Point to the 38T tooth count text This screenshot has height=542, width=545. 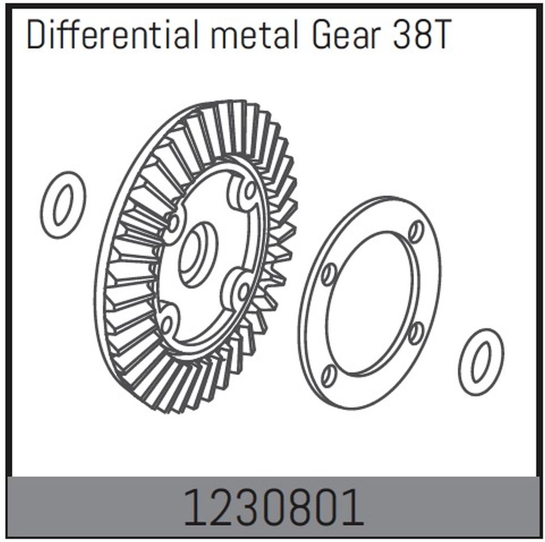tap(421, 36)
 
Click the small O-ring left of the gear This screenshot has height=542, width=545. tap(63, 205)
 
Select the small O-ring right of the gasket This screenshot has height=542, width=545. tap(481, 362)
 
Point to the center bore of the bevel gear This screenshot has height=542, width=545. tap(196, 255)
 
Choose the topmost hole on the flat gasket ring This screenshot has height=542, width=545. tap(416, 231)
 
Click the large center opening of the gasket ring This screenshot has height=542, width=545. tap(371, 302)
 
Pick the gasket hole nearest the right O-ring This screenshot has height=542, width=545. tap(415, 332)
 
